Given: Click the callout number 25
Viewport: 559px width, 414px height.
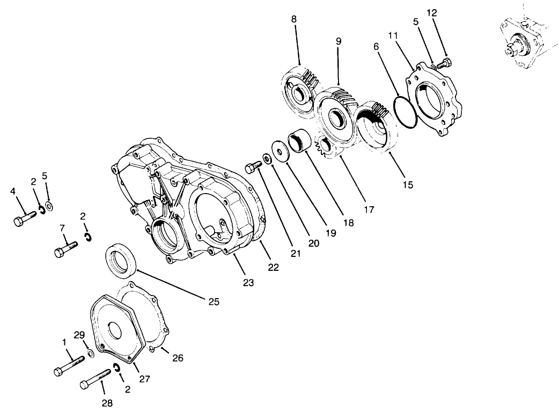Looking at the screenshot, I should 214,302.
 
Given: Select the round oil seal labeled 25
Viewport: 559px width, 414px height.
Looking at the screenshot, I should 122,260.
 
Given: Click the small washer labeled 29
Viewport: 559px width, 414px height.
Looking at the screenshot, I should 91,353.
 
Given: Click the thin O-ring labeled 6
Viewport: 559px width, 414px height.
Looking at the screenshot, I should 404,113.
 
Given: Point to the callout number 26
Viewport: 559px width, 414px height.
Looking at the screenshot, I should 178,357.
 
